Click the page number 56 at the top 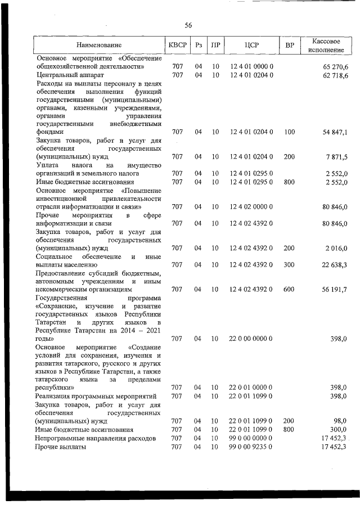coord(188,25)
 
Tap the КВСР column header coord(177,45)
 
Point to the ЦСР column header coord(251,45)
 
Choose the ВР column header coord(290,45)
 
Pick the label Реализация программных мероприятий coord(95,397)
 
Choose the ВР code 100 coord(289,132)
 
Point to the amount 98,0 coord(339,421)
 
